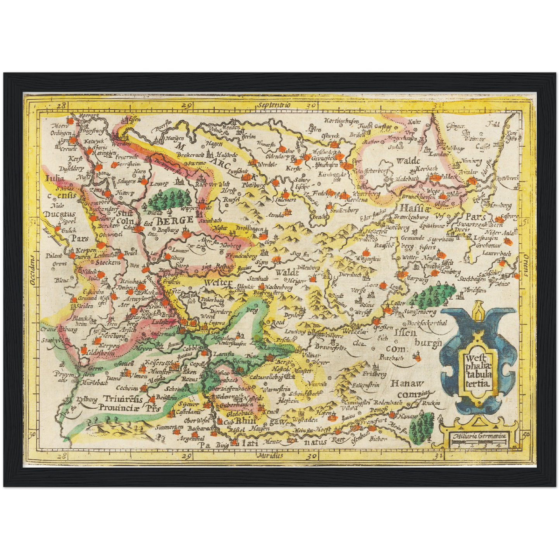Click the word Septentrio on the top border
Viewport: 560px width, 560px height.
[x=273, y=105]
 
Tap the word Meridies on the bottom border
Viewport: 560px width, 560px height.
[x=270, y=456]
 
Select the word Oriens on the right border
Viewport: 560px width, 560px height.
[x=526, y=265]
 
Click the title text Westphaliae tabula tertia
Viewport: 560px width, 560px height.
[x=478, y=370]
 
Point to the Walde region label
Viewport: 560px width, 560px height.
[x=408, y=160]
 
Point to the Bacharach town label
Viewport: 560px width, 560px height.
[x=200, y=429]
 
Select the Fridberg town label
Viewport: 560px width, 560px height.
[x=374, y=374]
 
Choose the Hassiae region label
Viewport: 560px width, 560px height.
[x=414, y=207]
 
